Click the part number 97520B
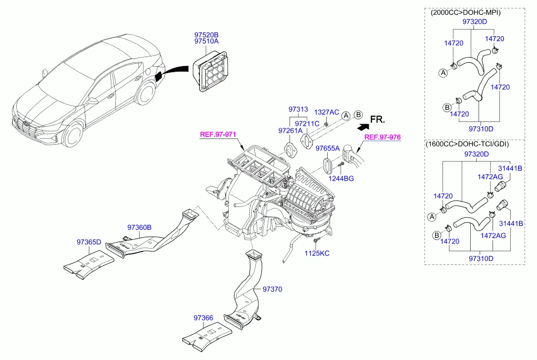pos(206,35)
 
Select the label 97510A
pos(206,42)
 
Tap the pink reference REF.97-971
pos(218,135)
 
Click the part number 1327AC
pos(327,112)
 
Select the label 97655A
pos(328,148)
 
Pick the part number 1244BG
pos(342,178)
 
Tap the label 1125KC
pos(317,253)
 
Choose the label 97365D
pos(89,242)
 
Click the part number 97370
pos(272,289)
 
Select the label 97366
pos(203,318)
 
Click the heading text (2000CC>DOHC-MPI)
pos(465,13)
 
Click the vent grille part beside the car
pos(211,72)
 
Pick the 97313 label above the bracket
pos(298,109)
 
